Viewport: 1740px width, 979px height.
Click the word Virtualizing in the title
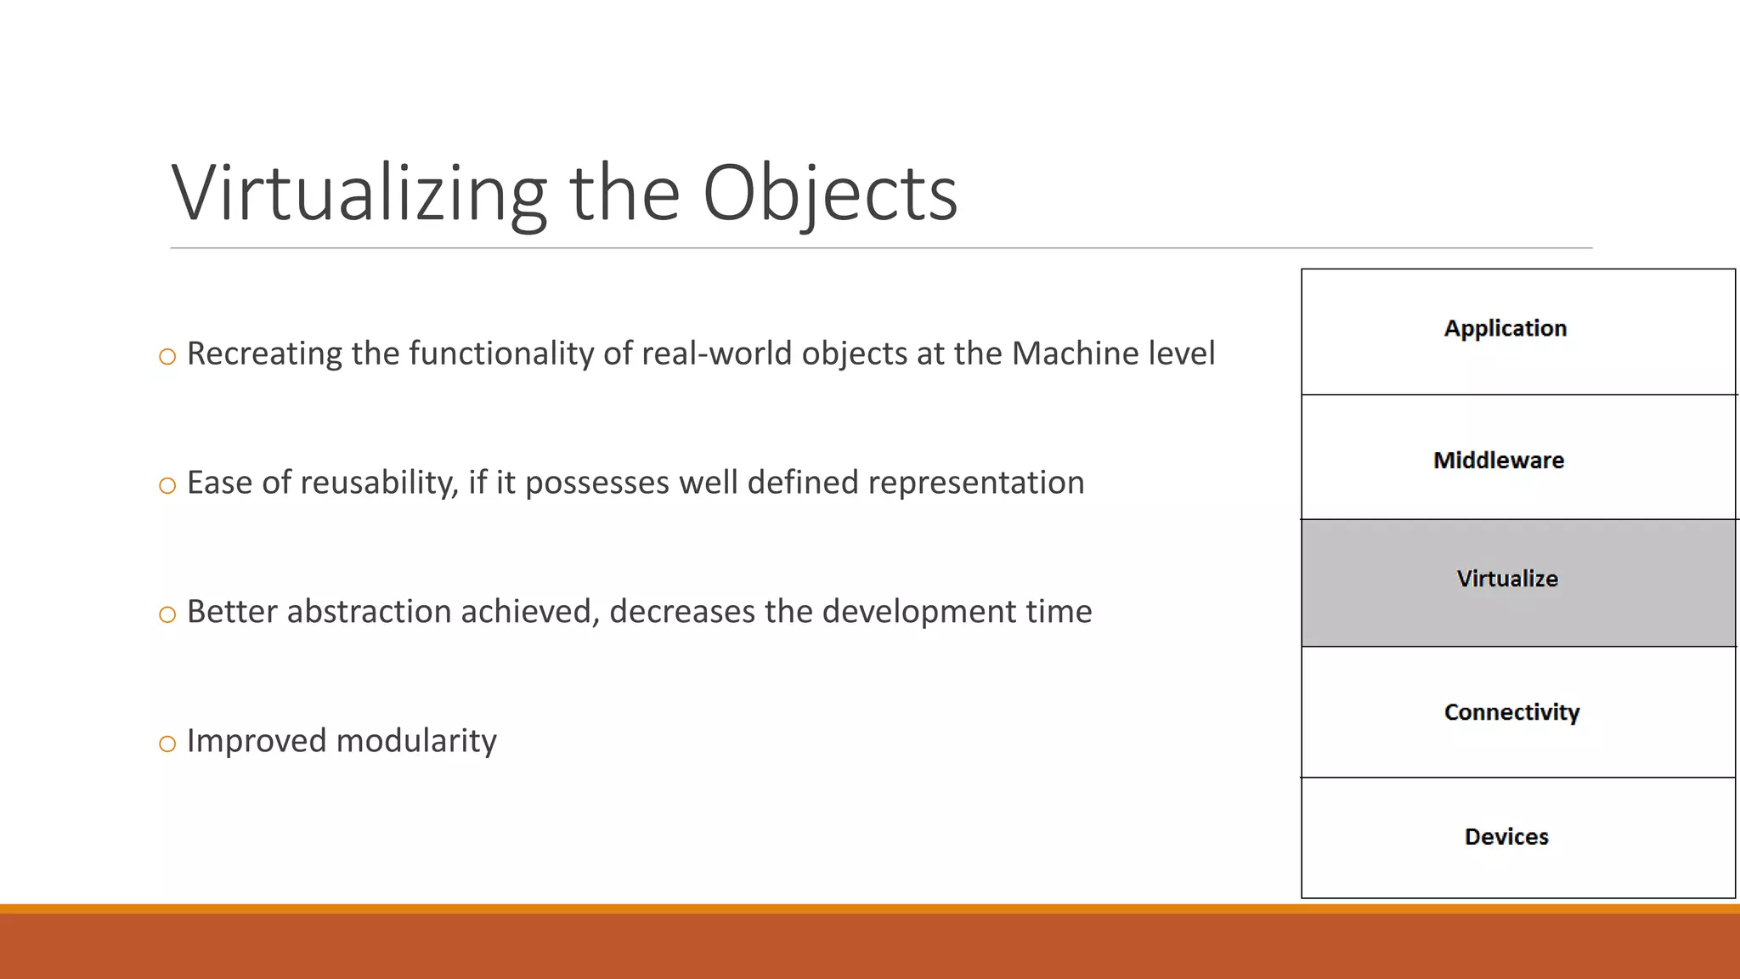(x=359, y=194)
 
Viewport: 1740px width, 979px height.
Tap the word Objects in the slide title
(x=830, y=194)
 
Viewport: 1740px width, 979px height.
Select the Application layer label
(x=1505, y=328)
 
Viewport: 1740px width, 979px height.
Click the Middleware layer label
(x=1498, y=460)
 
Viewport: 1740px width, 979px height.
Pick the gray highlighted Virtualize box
(x=1517, y=583)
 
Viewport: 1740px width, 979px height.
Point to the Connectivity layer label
(x=1511, y=712)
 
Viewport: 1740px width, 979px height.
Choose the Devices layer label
(x=1506, y=836)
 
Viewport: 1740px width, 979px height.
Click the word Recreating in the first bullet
(x=264, y=354)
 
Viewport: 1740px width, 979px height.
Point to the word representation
(x=975, y=483)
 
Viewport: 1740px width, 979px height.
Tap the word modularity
(x=416, y=741)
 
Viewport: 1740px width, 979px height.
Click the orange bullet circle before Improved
(x=167, y=744)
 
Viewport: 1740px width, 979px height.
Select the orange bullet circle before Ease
(x=167, y=486)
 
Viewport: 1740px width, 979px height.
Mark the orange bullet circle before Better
(x=167, y=615)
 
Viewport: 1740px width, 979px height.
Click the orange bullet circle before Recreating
(x=167, y=357)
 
